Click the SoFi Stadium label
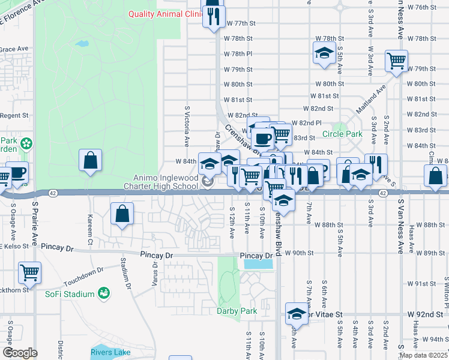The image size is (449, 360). coord(70,294)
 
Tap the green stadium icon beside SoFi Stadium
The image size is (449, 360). coord(104,293)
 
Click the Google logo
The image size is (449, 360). coord(20,352)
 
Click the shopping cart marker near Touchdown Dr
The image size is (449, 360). coord(29,273)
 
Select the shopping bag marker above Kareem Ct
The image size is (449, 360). coord(90,161)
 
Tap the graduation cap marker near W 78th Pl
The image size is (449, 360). coord(324,52)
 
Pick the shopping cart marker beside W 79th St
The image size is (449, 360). coord(396,60)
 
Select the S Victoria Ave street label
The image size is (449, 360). coord(187,124)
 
